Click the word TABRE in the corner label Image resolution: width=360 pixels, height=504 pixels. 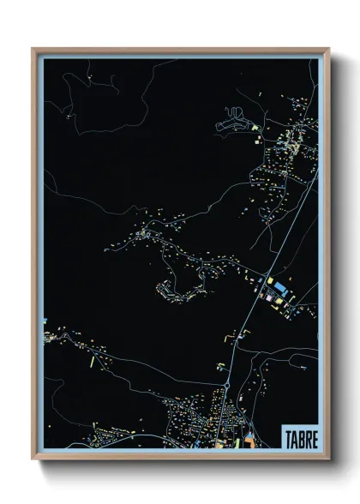tap(300, 439)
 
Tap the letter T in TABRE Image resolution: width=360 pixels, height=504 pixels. tap(288, 439)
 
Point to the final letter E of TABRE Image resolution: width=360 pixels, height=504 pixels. tap(314, 439)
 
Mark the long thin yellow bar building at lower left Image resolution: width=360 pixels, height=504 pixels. tap(92, 361)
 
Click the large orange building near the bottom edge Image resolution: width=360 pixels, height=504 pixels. tap(249, 442)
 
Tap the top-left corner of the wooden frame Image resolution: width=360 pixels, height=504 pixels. tap(33, 49)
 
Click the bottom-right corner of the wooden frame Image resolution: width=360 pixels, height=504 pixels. tap(328, 459)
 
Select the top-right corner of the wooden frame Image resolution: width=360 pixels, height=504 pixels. tap(328, 49)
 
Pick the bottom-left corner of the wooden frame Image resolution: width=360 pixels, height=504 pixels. tap(33, 459)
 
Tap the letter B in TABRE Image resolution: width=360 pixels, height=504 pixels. tap(301, 439)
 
